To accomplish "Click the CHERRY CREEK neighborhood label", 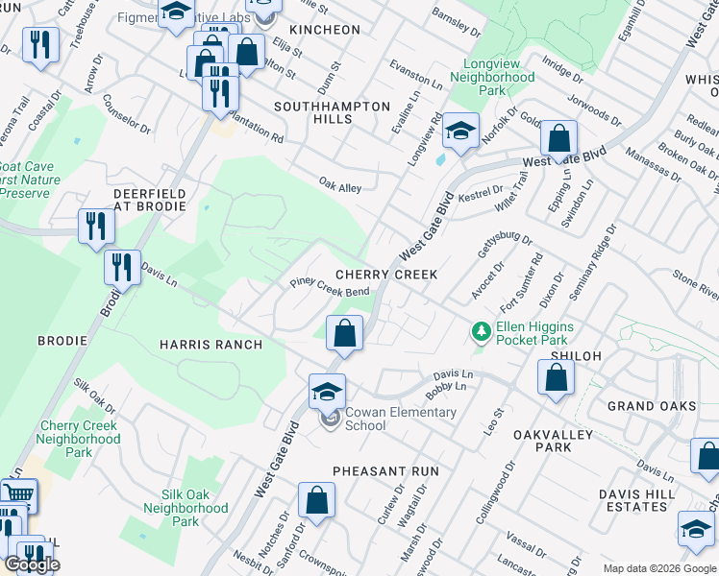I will point(386,275).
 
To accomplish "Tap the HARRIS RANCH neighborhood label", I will point(211,344).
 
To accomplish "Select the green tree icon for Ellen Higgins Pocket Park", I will point(482,332).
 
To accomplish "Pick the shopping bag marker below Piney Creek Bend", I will point(344,334).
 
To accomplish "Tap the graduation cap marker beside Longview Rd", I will point(461,132).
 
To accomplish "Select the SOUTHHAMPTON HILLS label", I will point(332,112).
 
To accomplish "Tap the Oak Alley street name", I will point(340,187).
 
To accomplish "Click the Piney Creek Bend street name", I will point(330,287).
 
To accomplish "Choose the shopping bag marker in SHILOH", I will point(557,377).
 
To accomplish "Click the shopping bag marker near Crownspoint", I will point(316,501).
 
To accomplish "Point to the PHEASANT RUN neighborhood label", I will point(385,471).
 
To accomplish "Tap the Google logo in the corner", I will point(32,564).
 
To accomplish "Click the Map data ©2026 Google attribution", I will point(659,568).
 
